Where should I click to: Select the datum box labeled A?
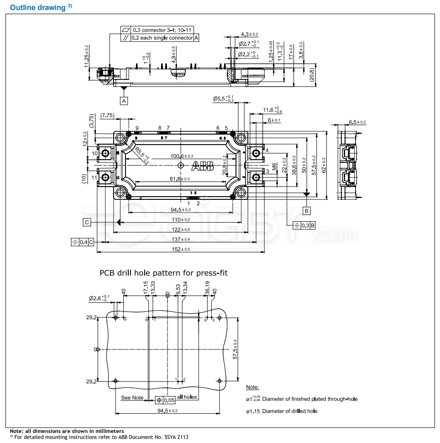(124, 100)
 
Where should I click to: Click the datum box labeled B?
(307, 211)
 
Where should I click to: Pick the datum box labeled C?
(87, 222)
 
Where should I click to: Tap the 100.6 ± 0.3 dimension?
(181, 156)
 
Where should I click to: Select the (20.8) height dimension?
(311, 74)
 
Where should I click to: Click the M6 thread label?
(274, 167)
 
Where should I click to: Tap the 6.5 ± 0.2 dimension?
(357, 122)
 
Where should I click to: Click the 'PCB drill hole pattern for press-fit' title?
(163, 273)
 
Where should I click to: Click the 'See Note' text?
(132, 398)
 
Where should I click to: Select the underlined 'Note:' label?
(252, 387)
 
